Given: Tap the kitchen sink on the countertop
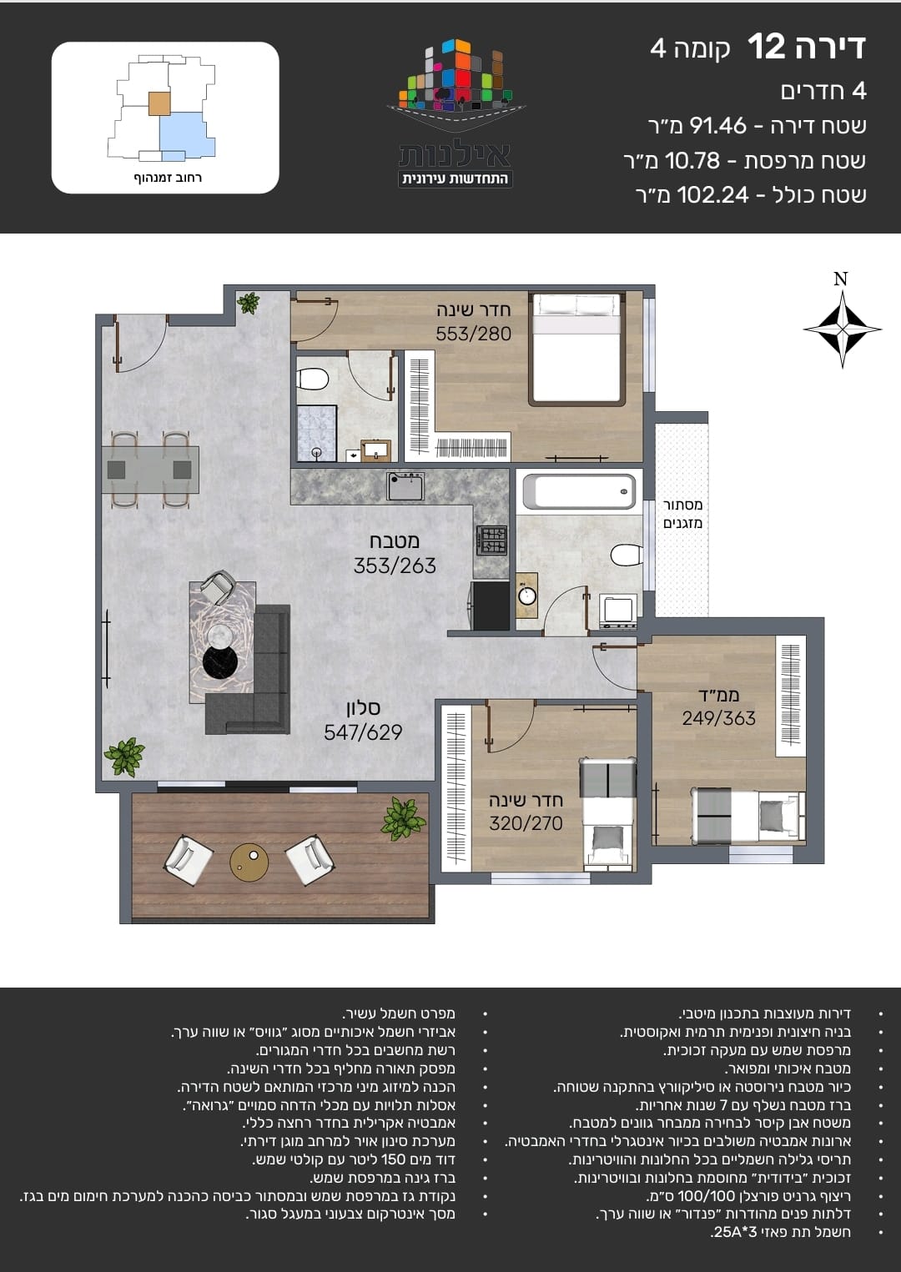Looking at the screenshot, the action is (x=405, y=486).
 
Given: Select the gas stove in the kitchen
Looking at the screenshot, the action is (x=492, y=540).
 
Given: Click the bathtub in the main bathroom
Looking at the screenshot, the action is (x=580, y=492).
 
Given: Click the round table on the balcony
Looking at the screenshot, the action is (x=249, y=862).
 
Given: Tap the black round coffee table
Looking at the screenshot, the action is (x=220, y=661).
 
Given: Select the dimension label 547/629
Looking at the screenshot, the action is (x=363, y=732).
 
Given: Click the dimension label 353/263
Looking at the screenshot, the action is (x=395, y=566).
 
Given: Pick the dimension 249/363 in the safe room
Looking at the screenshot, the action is (x=718, y=718).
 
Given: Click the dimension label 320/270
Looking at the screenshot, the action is (x=526, y=823).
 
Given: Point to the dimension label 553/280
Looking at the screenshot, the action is (x=473, y=334).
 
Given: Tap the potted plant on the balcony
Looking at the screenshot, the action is (x=403, y=818).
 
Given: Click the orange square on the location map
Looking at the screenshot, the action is (x=159, y=104).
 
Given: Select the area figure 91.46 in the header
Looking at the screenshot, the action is (x=717, y=126).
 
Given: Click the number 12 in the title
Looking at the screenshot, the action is (x=766, y=47).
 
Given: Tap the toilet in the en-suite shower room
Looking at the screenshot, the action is (x=313, y=380).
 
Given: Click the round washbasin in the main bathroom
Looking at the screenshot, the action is (x=528, y=596).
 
